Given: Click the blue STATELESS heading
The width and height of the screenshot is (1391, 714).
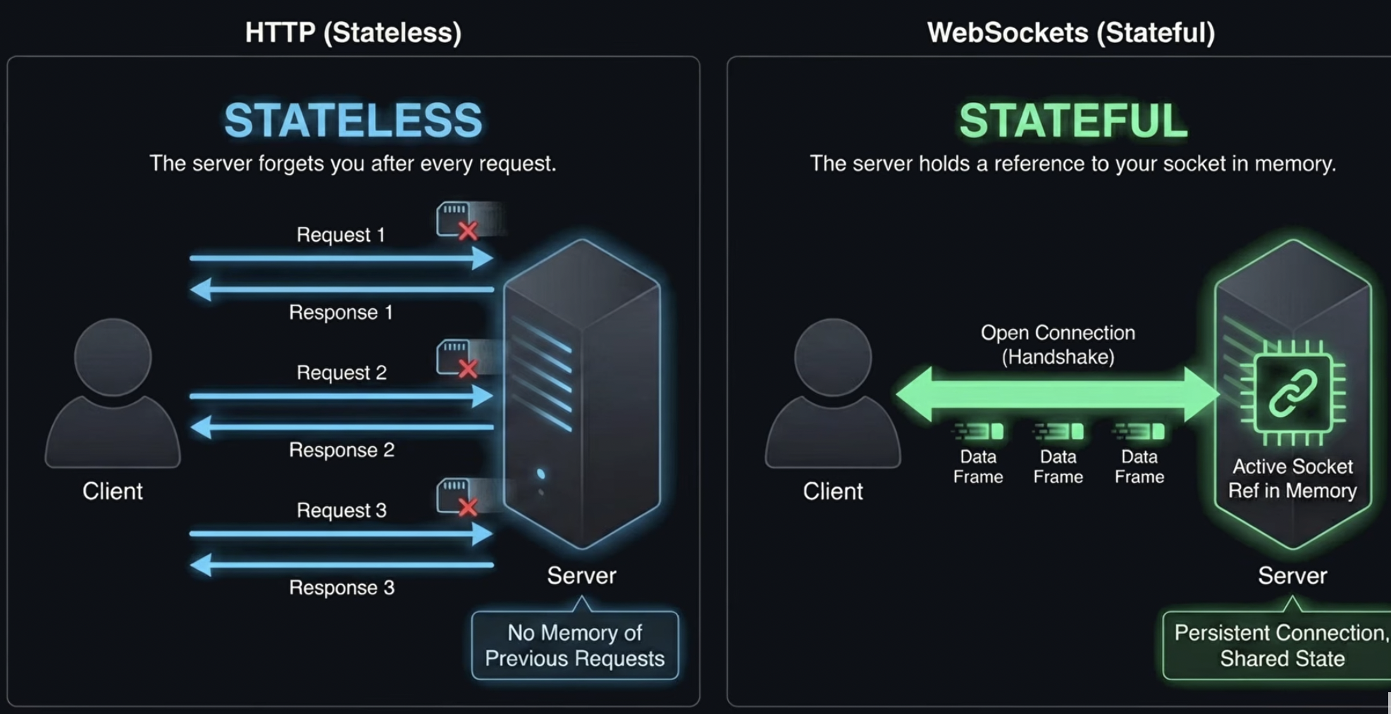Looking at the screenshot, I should pos(353,120).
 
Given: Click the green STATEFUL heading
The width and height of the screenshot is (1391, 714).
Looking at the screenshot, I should pos(1072,120).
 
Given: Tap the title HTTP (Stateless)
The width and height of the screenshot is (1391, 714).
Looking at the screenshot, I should pos(353,32).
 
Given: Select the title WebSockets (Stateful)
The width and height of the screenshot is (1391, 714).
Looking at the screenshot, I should pos(1070,32).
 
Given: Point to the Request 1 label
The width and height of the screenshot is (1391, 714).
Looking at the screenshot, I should pos(340,234).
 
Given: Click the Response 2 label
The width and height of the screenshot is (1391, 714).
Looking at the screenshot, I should pos(342,450).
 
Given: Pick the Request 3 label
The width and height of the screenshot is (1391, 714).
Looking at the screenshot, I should pos(342,510).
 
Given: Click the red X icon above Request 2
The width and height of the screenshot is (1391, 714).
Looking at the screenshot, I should pos(468,368).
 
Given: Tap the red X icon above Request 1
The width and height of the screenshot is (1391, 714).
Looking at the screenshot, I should pos(468,230).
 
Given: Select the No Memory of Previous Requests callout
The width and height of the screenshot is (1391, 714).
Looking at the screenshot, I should pos(575,645).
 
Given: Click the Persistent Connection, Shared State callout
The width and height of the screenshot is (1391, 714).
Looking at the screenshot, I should pos(1279,645).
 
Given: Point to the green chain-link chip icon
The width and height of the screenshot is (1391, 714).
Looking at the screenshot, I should pos(1292,393).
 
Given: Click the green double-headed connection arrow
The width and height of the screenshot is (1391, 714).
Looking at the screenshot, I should pos(1057,394).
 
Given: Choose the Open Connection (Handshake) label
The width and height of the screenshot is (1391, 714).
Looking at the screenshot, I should pos(1058,344).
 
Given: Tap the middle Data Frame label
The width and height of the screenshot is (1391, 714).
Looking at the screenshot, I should pos(1058,466).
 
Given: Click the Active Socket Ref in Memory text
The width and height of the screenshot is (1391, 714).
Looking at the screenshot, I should pos(1292,478).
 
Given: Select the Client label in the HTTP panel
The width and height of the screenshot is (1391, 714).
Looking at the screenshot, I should pos(113,491).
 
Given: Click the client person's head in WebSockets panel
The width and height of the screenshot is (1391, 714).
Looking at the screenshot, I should pos(833,356).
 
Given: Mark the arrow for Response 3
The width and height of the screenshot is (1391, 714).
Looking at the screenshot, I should pos(342,565).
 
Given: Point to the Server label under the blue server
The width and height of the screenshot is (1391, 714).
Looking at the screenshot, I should pos(581,575).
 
